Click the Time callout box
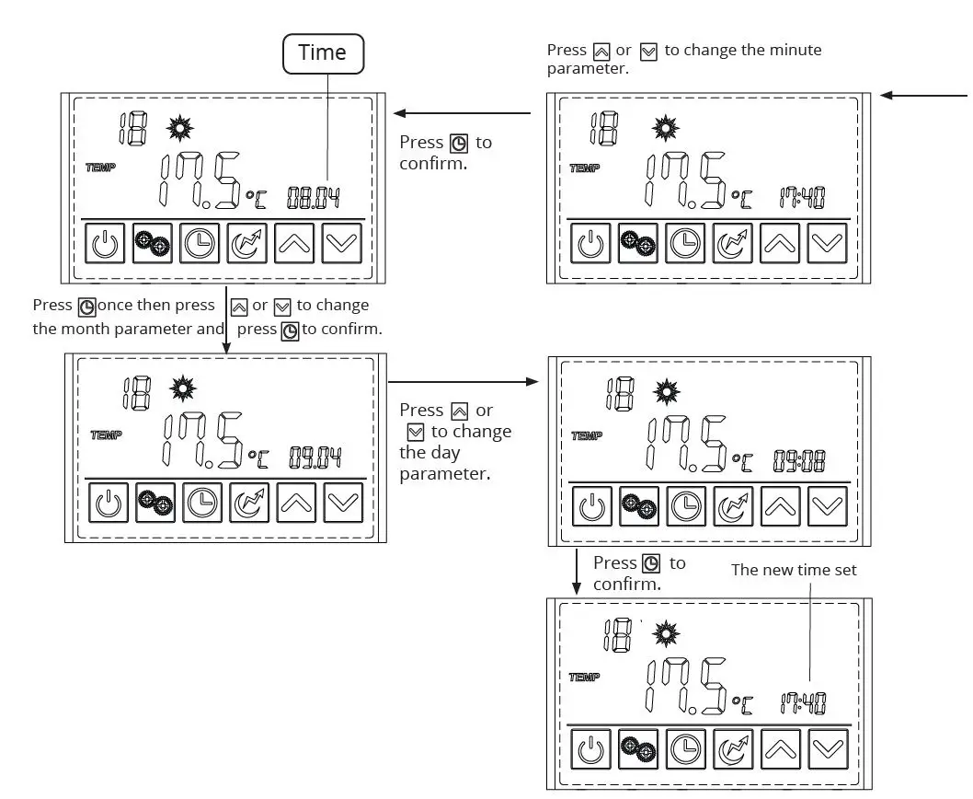pos(322,53)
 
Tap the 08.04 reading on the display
pos(314,196)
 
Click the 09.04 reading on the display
pos(315,457)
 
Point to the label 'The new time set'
pos(793,570)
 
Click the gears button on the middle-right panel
pos(636,504)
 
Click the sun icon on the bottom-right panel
pos(666,634)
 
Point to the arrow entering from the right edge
pos(924,95)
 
